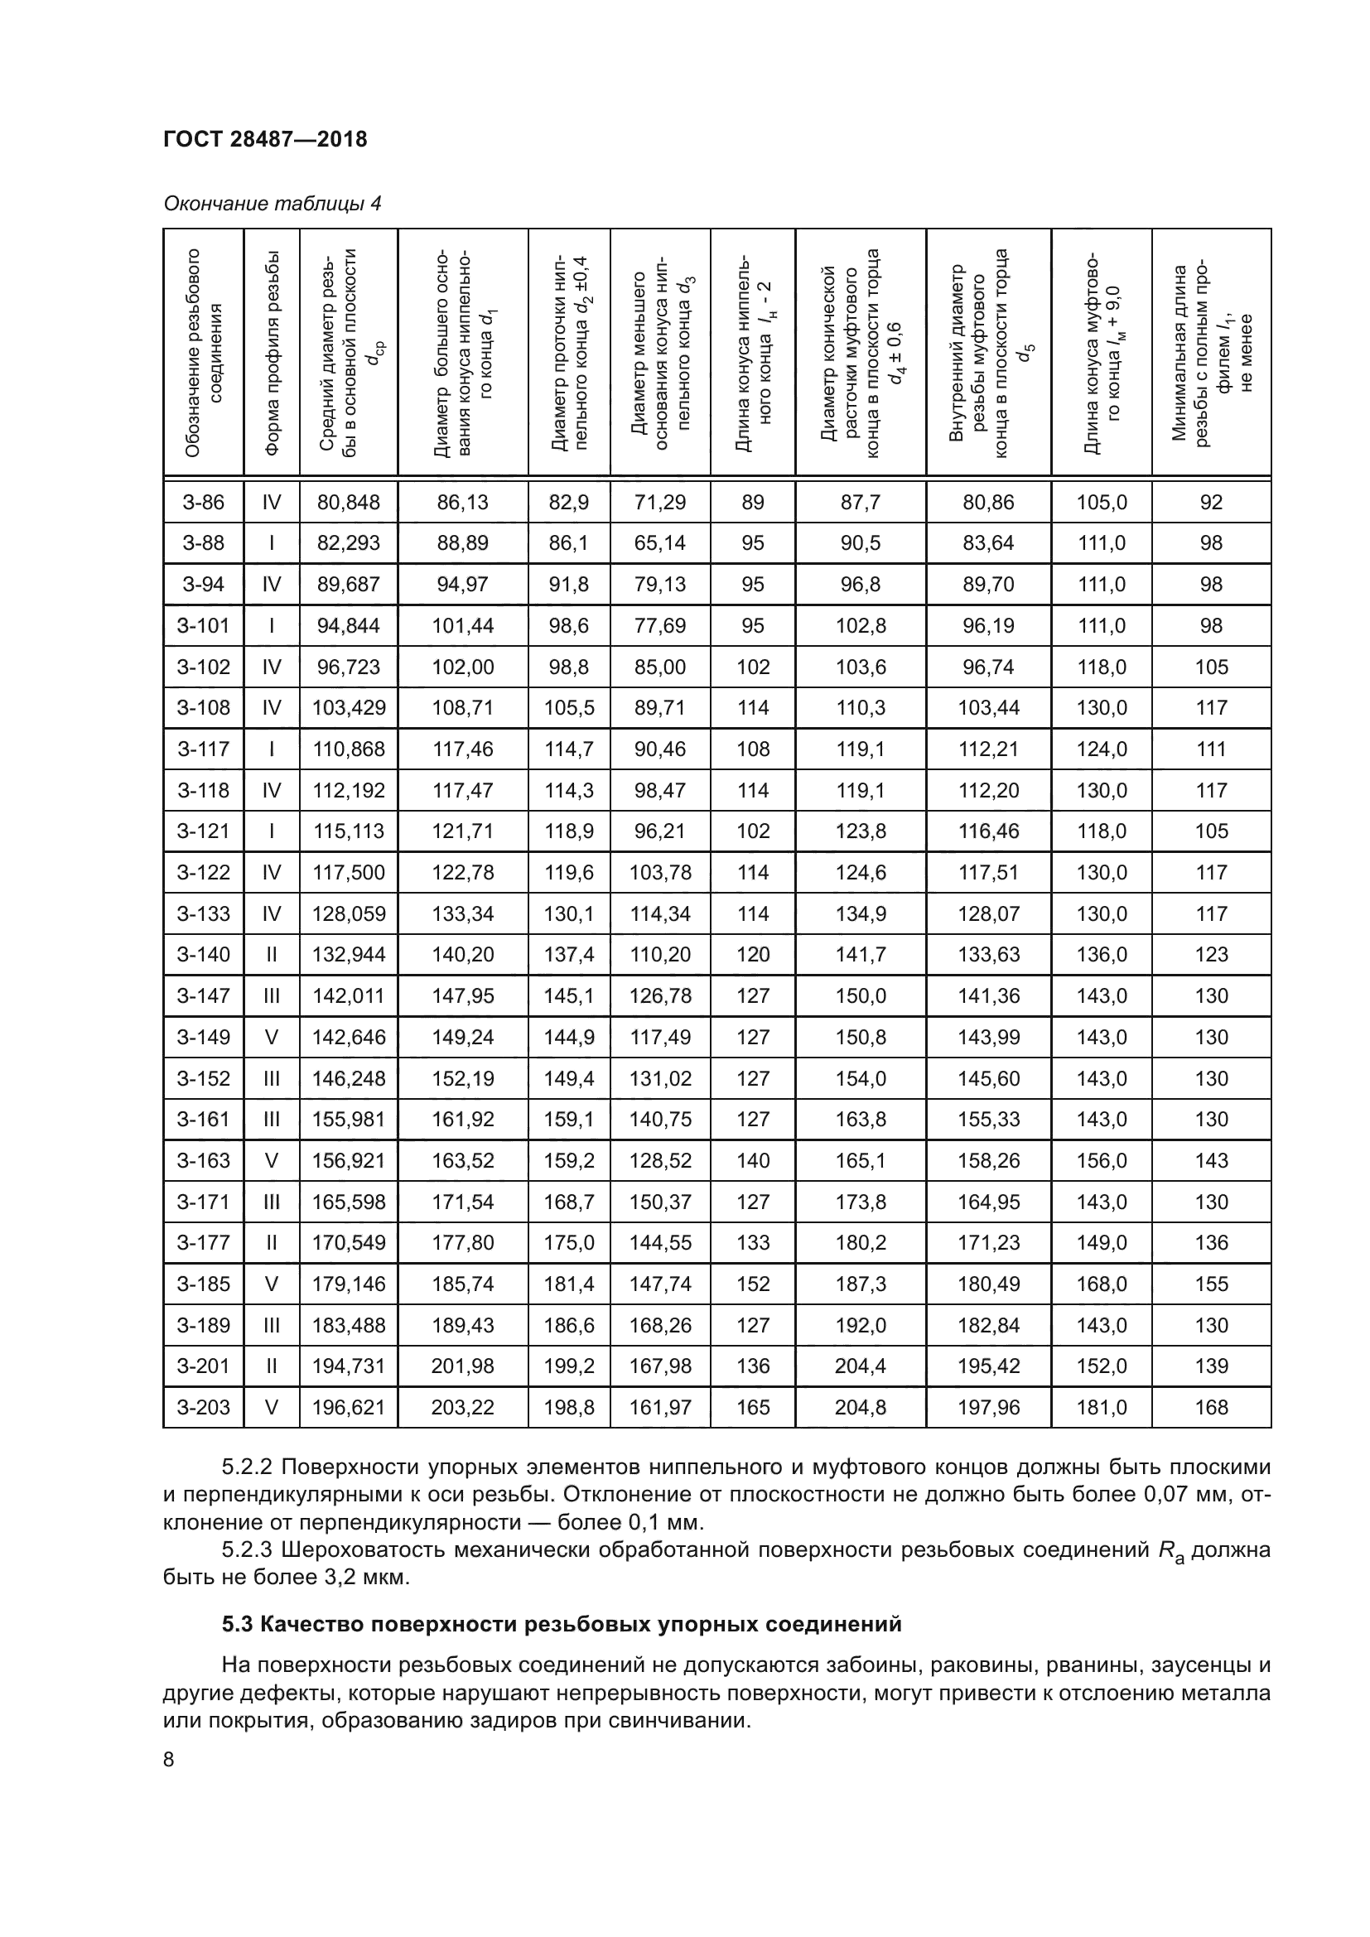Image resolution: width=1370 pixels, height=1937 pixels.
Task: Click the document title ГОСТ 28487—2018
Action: point(265,139)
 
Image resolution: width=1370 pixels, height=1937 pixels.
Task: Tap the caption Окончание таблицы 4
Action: point(272,204)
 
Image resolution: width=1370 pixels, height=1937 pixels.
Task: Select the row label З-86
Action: point(203,502)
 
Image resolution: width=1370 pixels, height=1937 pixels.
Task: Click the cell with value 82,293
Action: point(349,542)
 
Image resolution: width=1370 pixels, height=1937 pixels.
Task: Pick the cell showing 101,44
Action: point(462,625)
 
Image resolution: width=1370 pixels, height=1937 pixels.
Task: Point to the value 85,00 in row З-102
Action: point(659,667)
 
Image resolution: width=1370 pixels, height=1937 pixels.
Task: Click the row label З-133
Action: point(203,913)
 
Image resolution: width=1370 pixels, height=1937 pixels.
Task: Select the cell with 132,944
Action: point(349,954)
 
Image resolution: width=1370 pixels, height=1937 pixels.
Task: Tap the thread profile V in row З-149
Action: point(272,1037)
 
